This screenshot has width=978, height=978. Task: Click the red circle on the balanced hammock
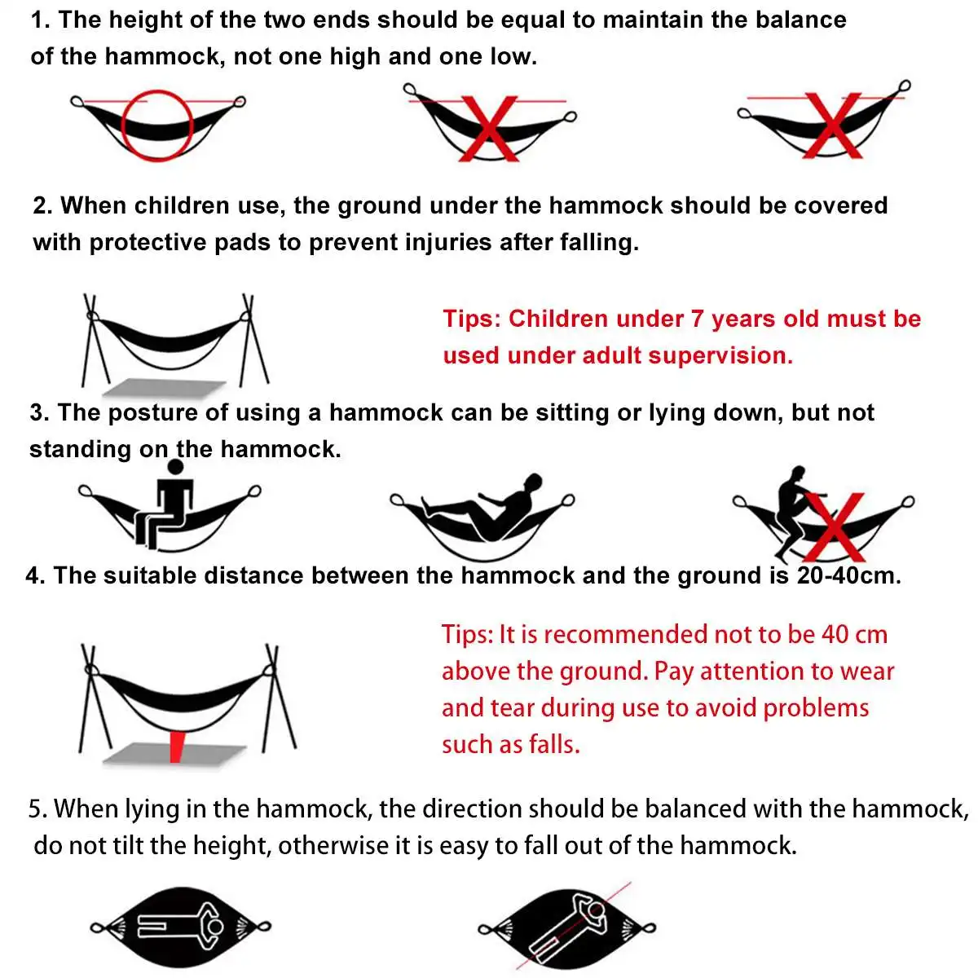(156, 126)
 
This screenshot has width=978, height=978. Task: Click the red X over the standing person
(834, 527)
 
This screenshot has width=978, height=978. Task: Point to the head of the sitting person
(174, 467)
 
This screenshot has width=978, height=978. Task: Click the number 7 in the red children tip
(697, 319)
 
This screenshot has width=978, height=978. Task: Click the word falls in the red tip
(553, 744)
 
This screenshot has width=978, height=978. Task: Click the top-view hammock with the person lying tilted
(567, 927)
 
